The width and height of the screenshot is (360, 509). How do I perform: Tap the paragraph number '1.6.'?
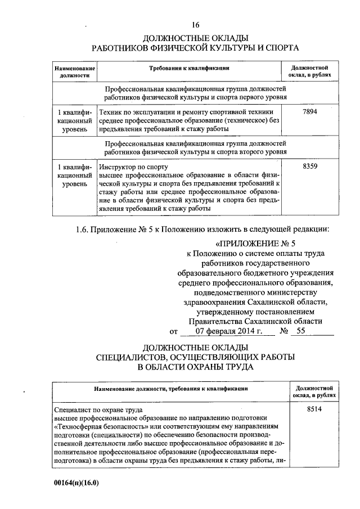click(x=85, y=229)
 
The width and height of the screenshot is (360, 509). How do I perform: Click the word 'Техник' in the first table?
click(x=110, y=112)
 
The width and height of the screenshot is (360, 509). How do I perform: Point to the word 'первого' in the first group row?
click(x=244, y=97)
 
